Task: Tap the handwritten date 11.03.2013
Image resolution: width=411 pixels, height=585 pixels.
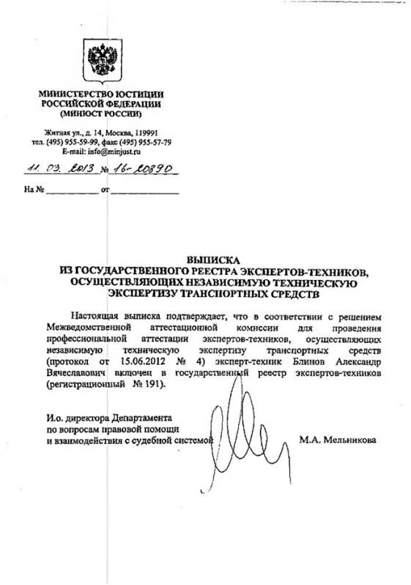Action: (51, 167)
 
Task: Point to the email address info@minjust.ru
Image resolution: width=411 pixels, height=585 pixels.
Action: (109, 151)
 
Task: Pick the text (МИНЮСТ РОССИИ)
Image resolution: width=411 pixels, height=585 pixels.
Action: (102, 115)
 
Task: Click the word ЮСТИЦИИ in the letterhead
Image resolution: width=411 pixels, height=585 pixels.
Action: (137, 94)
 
